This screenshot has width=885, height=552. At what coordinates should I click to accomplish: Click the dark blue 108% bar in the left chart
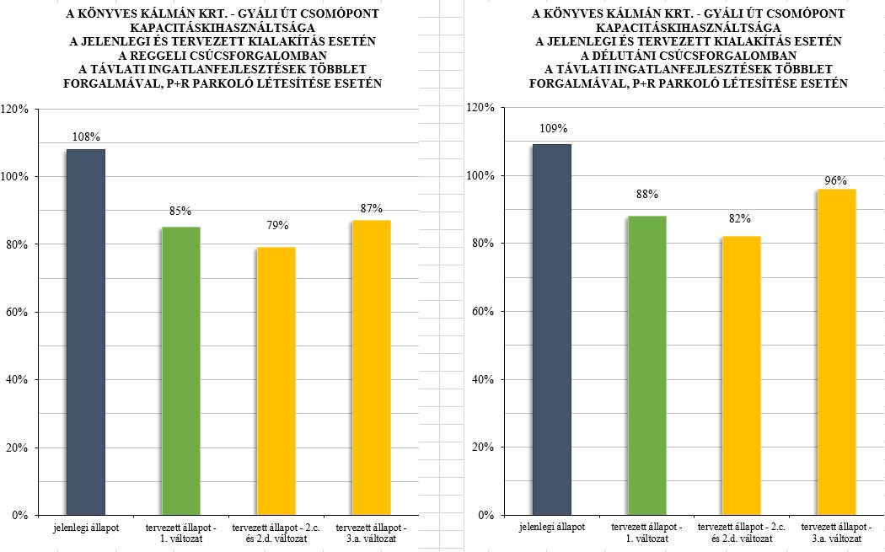pos(85,330)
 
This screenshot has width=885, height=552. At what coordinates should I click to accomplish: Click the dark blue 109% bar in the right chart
pos(551,329)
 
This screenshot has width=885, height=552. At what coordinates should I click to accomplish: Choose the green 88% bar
pos(646,364)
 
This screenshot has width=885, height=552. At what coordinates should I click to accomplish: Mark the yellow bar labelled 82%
pos(741,374)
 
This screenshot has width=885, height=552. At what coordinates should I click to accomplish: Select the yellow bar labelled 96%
pos(836,351)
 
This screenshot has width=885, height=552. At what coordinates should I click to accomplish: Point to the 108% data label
pos(86,137)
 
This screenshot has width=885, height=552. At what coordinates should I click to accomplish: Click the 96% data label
pos(836,180)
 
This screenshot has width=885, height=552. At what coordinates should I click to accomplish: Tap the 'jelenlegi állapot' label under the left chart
pos(85,527)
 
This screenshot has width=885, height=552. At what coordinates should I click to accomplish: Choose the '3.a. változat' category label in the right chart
pos(836,538)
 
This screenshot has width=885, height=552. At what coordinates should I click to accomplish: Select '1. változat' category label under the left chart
pos(180,538)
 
